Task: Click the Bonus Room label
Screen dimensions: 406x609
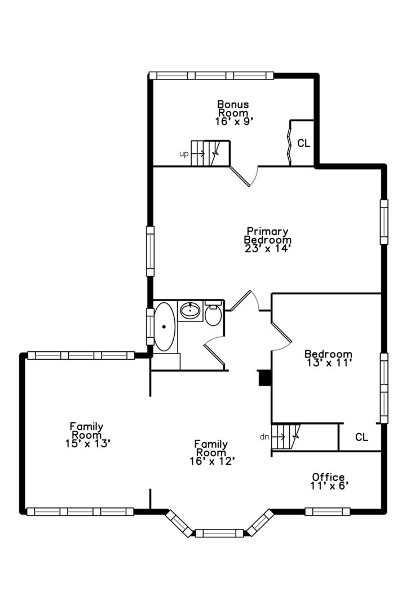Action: [x=233, y=109]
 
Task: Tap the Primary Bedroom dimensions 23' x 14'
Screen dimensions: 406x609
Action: [x=268, y=249]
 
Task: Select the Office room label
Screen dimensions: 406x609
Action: [x=328, y=477]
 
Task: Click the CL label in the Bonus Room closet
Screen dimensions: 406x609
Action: [x=304, y=143]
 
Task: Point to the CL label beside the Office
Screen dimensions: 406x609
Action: [x=361, y=438]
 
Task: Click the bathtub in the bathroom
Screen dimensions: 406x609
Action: [x=165, y=326]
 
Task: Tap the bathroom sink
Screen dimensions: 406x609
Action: [x=190, y=310]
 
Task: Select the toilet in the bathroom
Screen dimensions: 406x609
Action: [x=213, y=313]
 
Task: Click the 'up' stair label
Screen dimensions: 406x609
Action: [x=184, y=154]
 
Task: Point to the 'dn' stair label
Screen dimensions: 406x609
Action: [x=264, y=437]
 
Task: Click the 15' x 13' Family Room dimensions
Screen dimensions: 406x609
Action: [x=89, y=444]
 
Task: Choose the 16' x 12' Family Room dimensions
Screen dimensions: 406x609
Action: [x=213, y=461]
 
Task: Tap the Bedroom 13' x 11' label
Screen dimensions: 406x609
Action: [x=328, y=359]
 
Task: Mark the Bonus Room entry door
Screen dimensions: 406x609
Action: [x=244, y=176]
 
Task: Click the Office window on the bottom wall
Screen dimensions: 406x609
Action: [x=328, y=511]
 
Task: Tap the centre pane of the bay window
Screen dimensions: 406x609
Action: [x=219, y=533]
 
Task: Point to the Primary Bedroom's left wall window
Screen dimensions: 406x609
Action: [x=150, y=251]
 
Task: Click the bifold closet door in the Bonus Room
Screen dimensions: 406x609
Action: [x=289, y=143]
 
